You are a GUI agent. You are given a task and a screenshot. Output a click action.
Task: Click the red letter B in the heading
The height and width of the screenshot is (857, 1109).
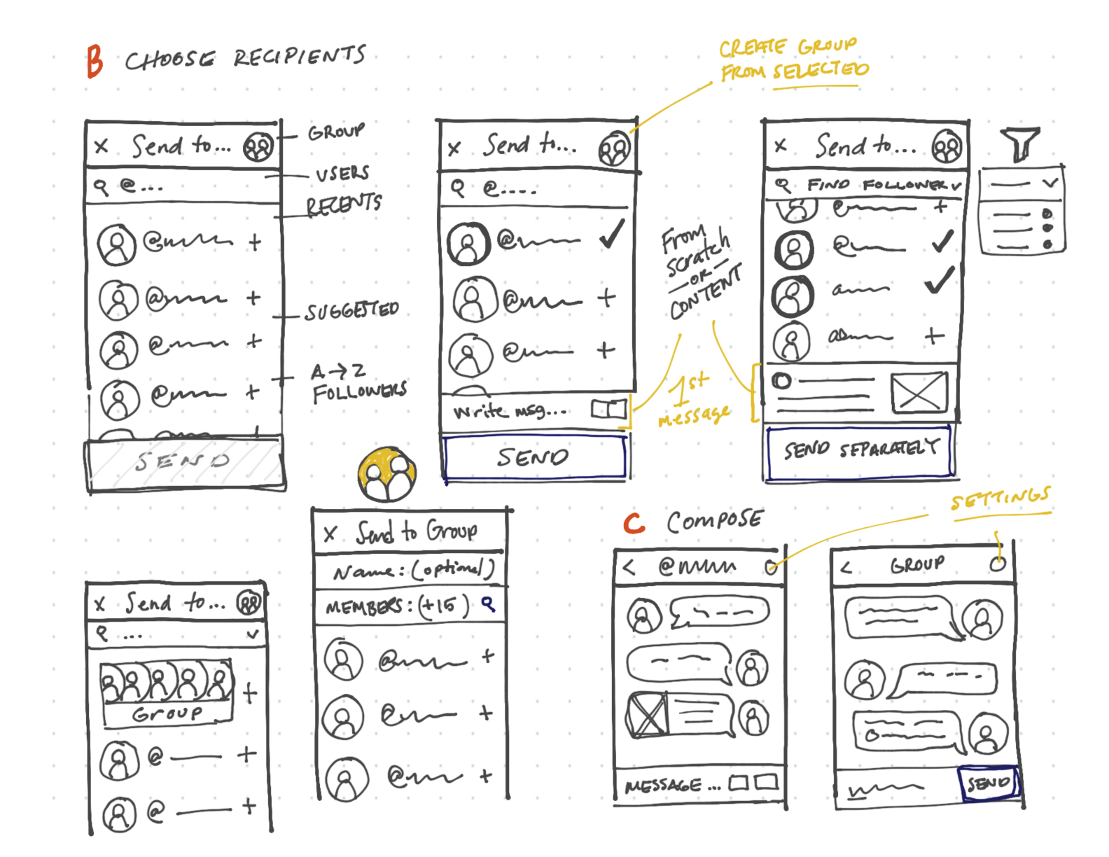[95, 61]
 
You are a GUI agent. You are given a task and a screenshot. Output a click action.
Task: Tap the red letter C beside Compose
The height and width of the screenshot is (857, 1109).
[634, 522]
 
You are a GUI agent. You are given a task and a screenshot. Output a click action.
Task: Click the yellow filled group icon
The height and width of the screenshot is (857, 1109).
[387, 475]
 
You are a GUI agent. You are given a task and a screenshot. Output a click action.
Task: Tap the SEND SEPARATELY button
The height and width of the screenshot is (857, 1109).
[860, 450]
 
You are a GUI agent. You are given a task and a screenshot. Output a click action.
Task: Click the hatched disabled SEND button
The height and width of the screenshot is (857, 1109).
[183, 462]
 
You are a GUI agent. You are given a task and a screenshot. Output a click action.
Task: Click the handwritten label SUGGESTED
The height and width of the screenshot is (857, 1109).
[351, 311]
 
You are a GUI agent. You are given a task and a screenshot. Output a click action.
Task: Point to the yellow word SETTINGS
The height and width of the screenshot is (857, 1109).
[1000, 499]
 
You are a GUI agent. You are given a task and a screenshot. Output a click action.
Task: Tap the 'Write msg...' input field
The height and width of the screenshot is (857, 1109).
[511, 411]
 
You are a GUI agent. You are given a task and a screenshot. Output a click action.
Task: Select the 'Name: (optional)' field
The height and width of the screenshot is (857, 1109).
[413, 571]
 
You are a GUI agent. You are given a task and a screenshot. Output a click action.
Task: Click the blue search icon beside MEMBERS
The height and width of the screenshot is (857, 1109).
[488, 604]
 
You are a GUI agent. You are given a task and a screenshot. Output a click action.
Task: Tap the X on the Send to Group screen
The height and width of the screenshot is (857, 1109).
[330, 534]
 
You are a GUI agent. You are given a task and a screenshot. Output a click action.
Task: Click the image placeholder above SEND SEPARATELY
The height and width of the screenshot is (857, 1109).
[919, 393]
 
